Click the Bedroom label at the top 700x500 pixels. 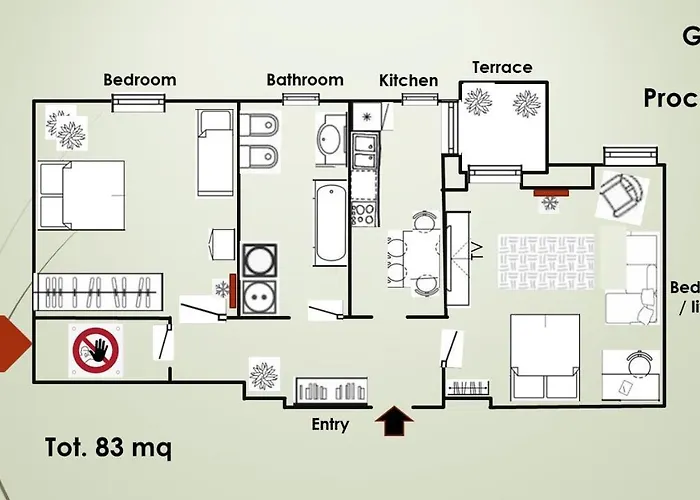click(139, 80)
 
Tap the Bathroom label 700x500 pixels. click(304, 80)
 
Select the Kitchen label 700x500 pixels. click(408, 81)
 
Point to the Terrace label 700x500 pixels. click(502, 68)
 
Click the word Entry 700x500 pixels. click(330, 425)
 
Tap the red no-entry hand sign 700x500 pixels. click(95, 350)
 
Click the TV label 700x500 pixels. click(477, 248)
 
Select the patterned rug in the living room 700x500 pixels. click(545, 262)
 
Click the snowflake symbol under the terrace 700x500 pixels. click(549, 204)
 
